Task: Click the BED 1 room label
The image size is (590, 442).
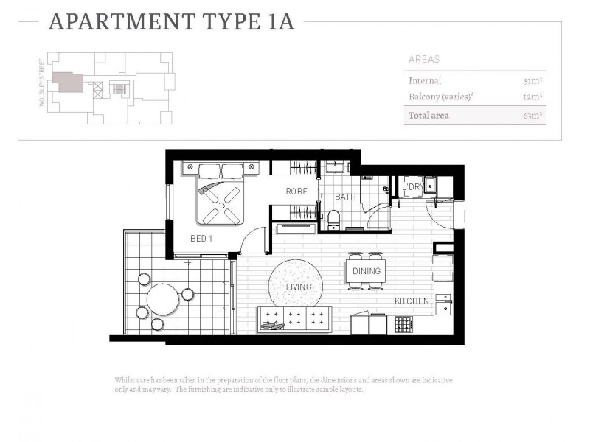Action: [x=201, y=239]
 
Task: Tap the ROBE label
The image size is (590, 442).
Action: [x=296, y=192]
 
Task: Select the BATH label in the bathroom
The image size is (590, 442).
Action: [x=345, y=197]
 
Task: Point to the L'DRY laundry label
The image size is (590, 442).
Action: [x=412, y=188]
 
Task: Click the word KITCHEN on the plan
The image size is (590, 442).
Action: [x=412, y=301]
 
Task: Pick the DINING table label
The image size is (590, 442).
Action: [x=366, y=271]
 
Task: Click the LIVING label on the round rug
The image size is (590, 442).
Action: [x=299, y=287]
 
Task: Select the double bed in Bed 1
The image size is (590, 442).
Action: [x=221, y=194]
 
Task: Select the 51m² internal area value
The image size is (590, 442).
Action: [x=532, y=81]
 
